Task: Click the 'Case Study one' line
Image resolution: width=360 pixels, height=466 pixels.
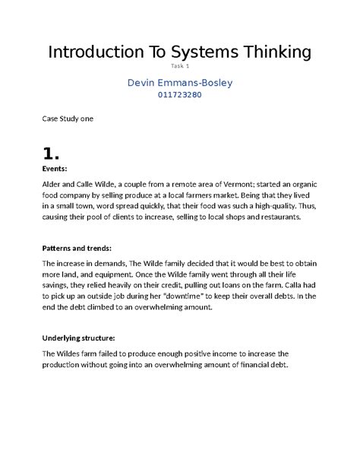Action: coord(67,119)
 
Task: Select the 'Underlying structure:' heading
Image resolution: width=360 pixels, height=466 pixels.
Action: coord(80,338)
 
